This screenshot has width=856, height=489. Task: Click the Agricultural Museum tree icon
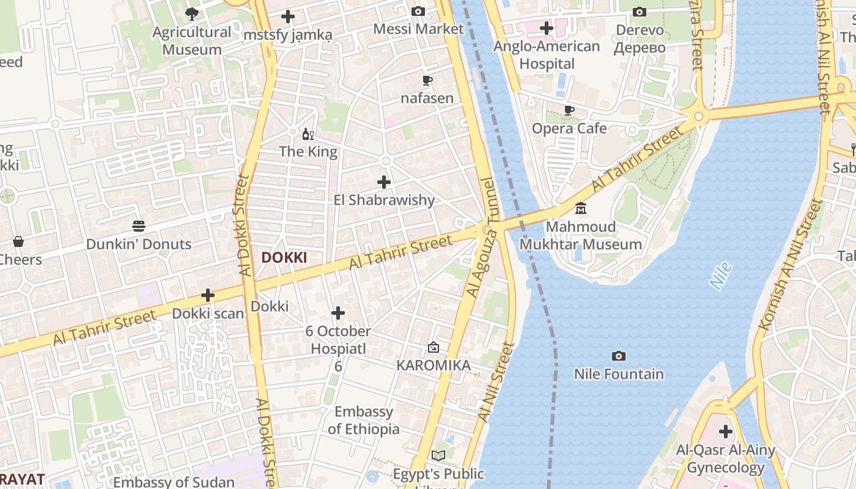click(x=192, y=13)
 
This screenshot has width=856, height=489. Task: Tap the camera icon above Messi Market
click(x=418, y=11)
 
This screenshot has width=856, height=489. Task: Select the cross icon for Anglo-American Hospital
click(x=547, y=28)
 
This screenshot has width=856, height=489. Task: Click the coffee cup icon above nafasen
click(x=427, y=80)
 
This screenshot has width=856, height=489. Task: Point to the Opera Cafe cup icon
click(x=569, y=110)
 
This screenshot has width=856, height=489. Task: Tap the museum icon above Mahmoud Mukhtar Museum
click(x=581, y=208)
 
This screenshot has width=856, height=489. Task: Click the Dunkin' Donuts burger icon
click(x=139, y=226)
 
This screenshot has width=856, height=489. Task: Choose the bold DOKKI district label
click(x=284, y=258)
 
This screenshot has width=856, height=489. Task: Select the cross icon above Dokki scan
click(x=208, y=295)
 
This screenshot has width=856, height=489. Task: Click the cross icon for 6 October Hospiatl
click(x=338, y=313)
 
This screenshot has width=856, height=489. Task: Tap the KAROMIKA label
click(x=434, y=366)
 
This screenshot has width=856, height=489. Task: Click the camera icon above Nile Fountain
click(x=619, y=356)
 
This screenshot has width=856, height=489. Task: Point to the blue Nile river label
click(x=721, y=276)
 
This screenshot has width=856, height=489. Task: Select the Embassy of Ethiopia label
click(x=364, y=420)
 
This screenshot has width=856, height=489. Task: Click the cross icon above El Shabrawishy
click(x=384, y=182)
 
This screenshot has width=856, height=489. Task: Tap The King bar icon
click(x=308, y=134)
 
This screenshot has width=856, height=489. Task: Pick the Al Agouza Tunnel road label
click(x=482, y=238)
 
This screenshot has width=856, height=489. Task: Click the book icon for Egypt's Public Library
click(x=438, y=455)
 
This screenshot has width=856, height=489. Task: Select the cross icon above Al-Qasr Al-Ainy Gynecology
click(x=726, y=432)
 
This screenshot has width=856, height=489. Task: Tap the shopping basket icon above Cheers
click(x=18, y=241)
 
